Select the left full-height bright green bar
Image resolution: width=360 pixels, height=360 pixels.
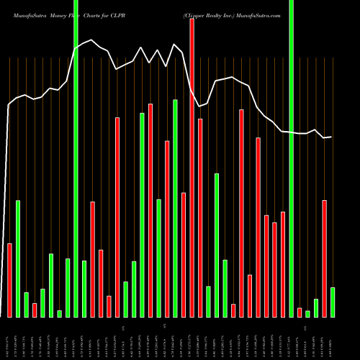(x=76, y=158)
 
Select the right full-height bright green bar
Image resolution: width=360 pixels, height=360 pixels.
(x=291, y=158)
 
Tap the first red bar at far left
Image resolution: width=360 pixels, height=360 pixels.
(x=9, y=280)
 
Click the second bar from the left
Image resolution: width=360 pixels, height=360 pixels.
(x=18, y=258)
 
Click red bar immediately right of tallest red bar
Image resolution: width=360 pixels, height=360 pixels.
(x=200, y=217)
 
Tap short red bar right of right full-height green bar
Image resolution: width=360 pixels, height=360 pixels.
(x=300, y=312)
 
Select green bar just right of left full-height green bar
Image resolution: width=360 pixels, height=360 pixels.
(x=84, y=288)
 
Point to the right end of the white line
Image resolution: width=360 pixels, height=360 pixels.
(x=331, y=137)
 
